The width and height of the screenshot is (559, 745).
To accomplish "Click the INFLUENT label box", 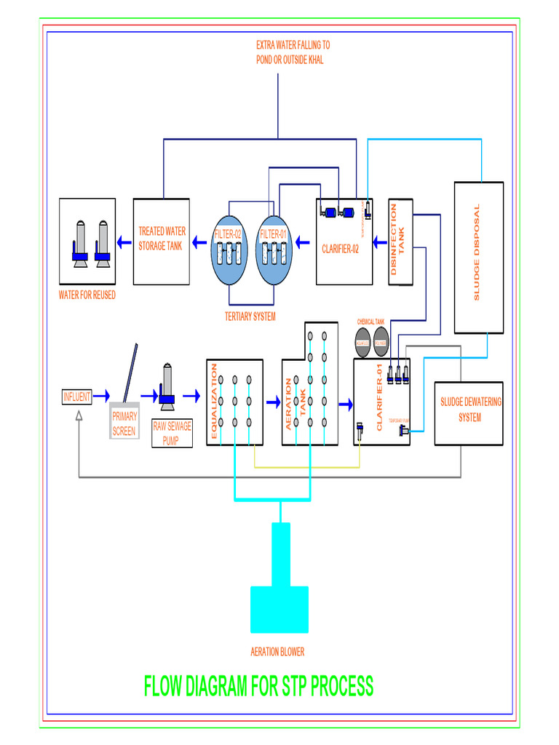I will pos(76,397).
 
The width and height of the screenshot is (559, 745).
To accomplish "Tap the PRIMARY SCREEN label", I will pos(124,424).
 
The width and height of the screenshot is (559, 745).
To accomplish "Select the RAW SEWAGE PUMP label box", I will pos(172,434).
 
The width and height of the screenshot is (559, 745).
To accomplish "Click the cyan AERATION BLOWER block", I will pos(279,609).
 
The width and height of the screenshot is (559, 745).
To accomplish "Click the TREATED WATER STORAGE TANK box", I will pos(162,240).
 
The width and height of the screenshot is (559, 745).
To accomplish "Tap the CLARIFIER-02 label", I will pos(340,249).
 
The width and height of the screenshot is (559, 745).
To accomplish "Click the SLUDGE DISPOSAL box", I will pos(478,257).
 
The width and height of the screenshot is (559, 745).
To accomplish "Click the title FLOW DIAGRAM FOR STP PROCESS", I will pos(258,686).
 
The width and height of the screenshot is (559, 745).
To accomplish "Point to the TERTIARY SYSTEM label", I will pos(250,316).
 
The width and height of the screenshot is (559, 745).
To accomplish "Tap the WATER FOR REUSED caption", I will pos(87,295).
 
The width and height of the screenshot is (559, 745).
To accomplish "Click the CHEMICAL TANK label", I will pos(370,321).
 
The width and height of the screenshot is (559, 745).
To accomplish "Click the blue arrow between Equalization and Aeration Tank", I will pos(274,402).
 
